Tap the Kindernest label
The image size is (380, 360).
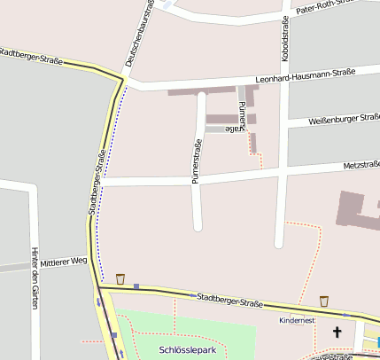(296, 320)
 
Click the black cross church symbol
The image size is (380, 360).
(337, 333)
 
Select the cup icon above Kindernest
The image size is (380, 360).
(324, 301)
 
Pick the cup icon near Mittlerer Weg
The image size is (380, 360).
(120, 278)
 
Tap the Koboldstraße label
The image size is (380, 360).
(285, 39)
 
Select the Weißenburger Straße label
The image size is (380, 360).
(345, 118)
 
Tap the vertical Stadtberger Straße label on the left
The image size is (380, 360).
(97, 183)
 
